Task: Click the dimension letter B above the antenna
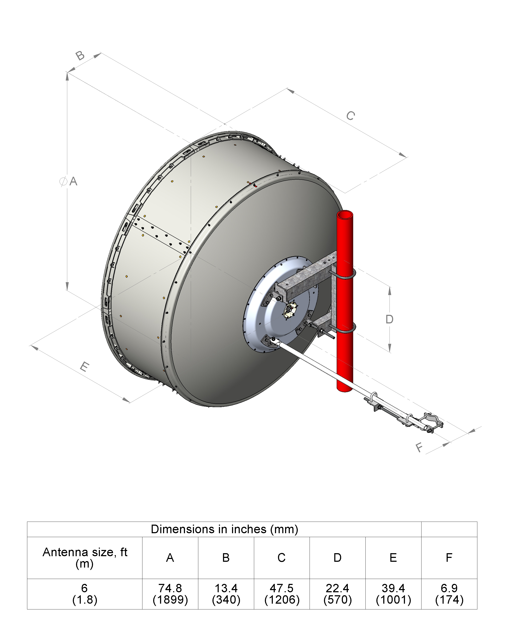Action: (80, 55)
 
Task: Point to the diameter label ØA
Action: (68, 181)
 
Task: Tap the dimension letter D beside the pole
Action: (389, 319)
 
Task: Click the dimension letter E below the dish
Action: (85, 367)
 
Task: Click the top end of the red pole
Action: (345, 214)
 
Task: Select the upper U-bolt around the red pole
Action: (343, 274)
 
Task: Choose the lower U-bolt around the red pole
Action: (343, 328)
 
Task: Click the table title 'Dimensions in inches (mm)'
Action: (224, 529)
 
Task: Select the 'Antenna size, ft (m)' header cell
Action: (85, 558)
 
